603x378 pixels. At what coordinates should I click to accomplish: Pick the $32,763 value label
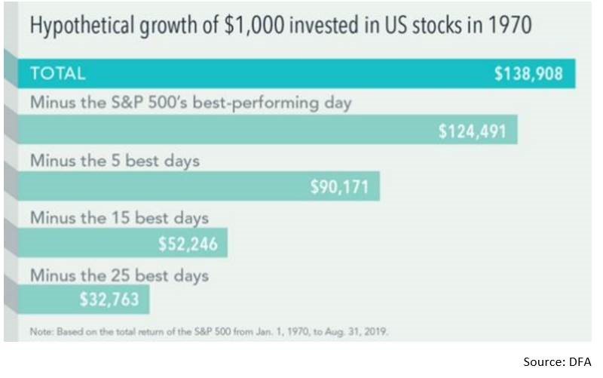[109, 300]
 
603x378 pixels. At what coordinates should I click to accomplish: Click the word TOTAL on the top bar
[57, 74]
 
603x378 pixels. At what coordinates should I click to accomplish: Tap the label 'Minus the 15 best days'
[118, 218]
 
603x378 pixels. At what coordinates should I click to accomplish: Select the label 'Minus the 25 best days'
[118, 275]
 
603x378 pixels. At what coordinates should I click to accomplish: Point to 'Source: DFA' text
[558, 363]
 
